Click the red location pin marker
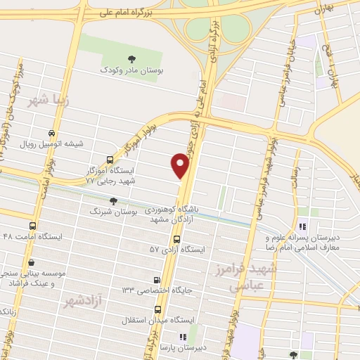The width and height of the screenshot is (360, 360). [x=181, y=166]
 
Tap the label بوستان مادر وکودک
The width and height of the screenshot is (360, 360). [x=131, y=70]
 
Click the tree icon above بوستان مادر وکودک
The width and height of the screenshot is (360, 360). [x=131, y=58]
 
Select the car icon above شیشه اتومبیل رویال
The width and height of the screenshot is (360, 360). [x=51, y=133]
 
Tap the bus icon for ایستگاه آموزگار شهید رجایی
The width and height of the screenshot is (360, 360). [x=108, y=160]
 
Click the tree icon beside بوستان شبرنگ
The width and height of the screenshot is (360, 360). [x=114, y=201]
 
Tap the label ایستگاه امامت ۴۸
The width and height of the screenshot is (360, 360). [x=32, y=237]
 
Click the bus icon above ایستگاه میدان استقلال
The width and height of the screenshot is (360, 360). [x=157, y=309]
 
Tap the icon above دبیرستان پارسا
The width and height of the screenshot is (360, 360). [x=182, y=337]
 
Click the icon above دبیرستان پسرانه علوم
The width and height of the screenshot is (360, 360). [x=302, y=226]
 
